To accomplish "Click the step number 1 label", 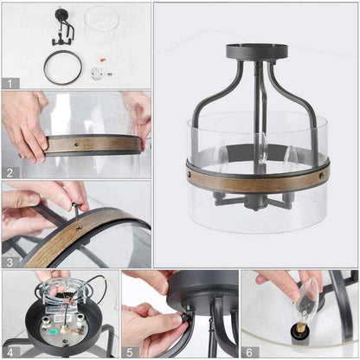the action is click(10, 84).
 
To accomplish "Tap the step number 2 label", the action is click(10, 173).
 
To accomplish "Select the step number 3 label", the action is click(10, 262).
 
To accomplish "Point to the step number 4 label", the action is click(10, 352).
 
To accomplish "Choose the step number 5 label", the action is click(130, 352).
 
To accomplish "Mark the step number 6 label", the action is click(249, 352).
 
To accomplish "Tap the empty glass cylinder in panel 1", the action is click(101, 26).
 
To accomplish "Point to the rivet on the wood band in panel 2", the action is click(77, 144).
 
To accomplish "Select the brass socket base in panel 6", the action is click(300, 327).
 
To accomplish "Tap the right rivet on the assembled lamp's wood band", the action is click(321, 176).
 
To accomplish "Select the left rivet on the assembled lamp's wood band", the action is click(190, 175).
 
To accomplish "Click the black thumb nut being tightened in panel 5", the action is click(183, 318).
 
